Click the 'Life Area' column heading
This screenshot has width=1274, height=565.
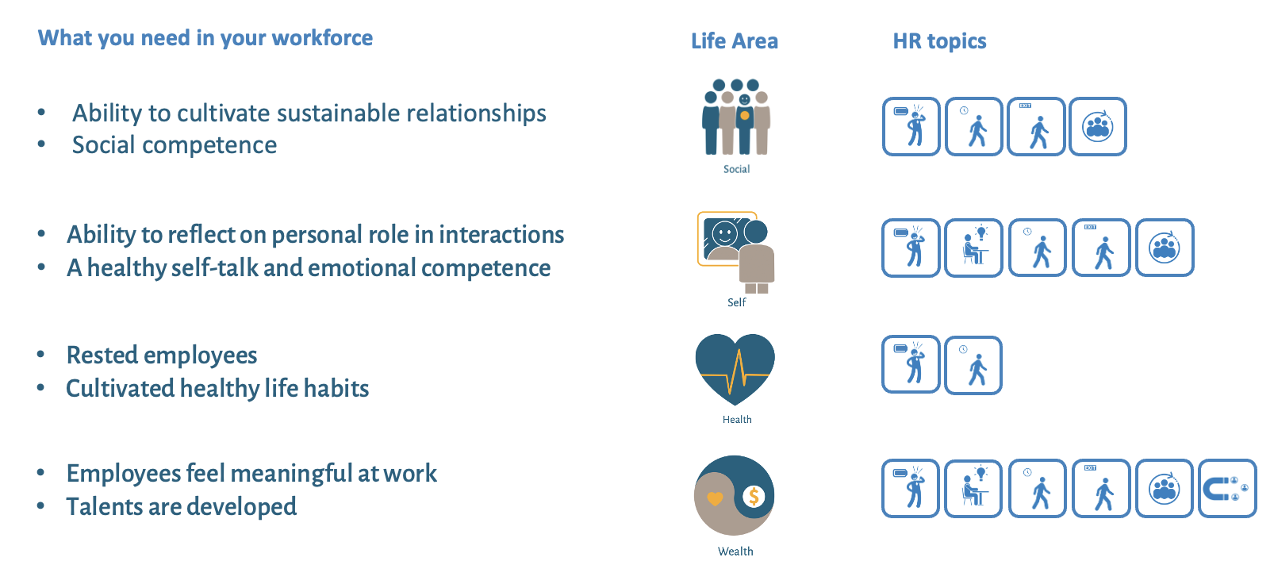pos(735,41)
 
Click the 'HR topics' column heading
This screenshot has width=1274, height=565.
pos(939,41)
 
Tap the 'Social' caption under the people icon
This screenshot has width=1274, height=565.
pos(736,169)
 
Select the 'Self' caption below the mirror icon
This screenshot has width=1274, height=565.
pos(736,302)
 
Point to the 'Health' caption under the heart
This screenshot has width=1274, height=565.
pos(737,419)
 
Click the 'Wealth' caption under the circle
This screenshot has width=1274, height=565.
pos(735,552)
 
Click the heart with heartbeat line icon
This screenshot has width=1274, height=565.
pos(735,369)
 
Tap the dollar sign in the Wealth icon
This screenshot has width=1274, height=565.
pos(754,497)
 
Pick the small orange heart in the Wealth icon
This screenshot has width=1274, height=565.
pos(715,499)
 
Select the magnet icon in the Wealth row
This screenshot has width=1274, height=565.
pos(1227,488)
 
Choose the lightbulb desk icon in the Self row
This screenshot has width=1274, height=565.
pos(973,248)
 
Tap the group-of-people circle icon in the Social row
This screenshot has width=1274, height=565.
pos(1098,126)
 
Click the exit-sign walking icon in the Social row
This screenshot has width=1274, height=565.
pos(1036,126)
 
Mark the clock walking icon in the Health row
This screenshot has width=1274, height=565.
pos(973,365)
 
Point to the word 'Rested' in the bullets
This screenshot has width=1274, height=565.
pos(102,355)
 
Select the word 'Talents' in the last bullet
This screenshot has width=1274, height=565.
pos(103,506)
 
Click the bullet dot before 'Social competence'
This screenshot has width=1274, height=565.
pos(41,144)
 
